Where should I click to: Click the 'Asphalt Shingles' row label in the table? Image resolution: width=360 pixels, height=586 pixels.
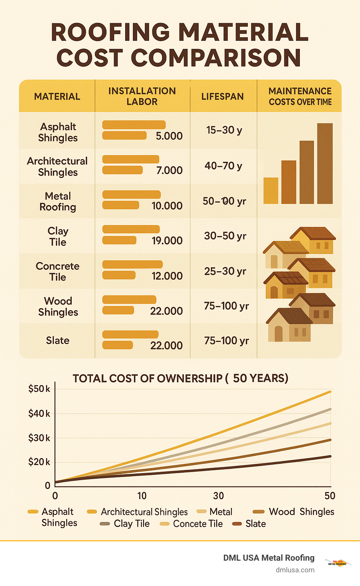(x=58, y=132)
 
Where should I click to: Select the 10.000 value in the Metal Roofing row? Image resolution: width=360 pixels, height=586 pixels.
(x=167, y=206)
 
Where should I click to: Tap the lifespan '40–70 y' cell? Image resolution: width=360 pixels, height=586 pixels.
(x=224, y=166)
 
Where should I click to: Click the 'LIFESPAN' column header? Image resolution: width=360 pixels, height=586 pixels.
(x=222, y=97)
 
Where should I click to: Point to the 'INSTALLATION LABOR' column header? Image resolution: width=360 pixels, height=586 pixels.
(x=142, y=96)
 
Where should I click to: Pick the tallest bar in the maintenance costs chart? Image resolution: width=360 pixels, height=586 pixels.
(x=324, y=164)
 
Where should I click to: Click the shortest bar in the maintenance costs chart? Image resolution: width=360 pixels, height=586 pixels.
(x=271, y=191)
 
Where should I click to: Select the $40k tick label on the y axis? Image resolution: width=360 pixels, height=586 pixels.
(x=39, y=414)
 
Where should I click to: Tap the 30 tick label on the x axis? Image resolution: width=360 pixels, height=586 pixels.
(x=218, y=496)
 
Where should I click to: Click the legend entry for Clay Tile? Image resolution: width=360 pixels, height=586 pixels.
(x=125, y=524)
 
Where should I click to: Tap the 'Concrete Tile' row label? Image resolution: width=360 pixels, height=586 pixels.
(x=58, y=272)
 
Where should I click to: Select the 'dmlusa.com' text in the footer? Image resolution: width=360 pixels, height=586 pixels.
(x=295, y=570)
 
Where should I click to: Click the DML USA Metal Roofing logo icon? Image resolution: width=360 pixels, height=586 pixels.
(x=337, y=562)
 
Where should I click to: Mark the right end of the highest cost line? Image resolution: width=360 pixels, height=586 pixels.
(x=330, y=392)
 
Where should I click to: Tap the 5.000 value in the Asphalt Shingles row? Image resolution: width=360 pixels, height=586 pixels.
(x=169, y=136)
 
